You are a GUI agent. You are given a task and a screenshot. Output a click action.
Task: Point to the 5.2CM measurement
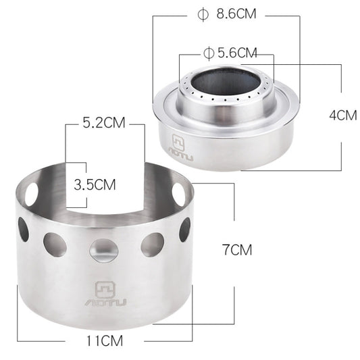[105, 124]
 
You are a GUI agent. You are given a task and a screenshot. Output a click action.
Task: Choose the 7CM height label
[236, 249]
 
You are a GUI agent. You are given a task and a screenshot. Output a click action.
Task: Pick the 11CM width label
[105, 340]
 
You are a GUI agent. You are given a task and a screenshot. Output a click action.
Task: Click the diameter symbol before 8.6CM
[200, 14]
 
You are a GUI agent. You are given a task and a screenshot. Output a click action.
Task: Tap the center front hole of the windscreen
[104, 249]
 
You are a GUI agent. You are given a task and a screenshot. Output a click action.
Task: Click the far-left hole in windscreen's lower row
[24, 230]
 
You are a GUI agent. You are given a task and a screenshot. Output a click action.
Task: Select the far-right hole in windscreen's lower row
[184, 229]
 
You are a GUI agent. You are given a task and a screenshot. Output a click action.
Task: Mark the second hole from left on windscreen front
[55, 245]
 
